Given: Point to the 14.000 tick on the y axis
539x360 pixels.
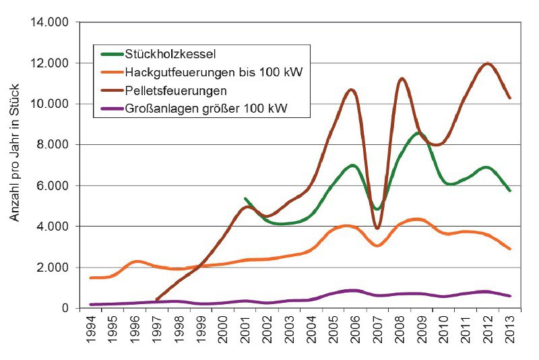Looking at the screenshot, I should coord(51,22).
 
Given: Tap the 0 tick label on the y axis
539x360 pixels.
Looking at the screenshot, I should coord(66,308).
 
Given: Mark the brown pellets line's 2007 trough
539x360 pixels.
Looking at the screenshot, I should coord(377,228).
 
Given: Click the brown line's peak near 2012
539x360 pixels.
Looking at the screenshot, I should coord(486,63).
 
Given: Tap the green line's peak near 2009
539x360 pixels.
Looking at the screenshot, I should coord(418,133).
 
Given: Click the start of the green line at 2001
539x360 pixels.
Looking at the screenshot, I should coord(245,199).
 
